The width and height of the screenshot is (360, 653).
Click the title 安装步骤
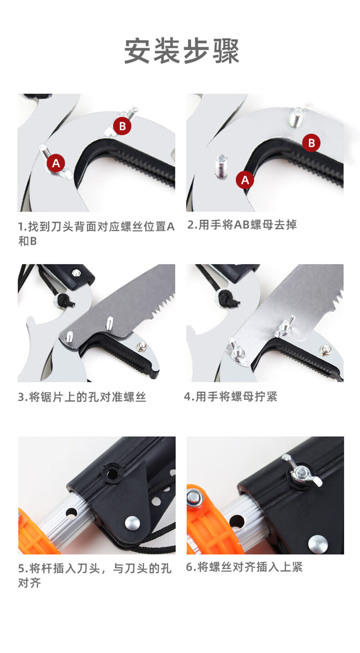click(181, 51)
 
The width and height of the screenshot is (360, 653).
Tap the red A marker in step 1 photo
click(56, 163)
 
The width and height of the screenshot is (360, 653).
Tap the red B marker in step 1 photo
click(122, 126)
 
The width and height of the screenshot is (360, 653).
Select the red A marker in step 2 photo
click(245, 180)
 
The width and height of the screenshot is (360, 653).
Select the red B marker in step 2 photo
click(311, 143)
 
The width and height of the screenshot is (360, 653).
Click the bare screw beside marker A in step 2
click(221, 166)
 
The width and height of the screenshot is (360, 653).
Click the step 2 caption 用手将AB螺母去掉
click(242, 225)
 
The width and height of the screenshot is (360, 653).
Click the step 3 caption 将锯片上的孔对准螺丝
click(82, 397)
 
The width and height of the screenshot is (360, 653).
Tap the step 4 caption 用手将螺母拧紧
click(231, 396)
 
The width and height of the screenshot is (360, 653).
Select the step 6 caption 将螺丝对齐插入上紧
click(244, 567)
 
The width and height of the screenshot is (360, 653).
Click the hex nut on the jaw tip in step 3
click(142, 346)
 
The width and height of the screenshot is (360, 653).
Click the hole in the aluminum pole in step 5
click(72, 513)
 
